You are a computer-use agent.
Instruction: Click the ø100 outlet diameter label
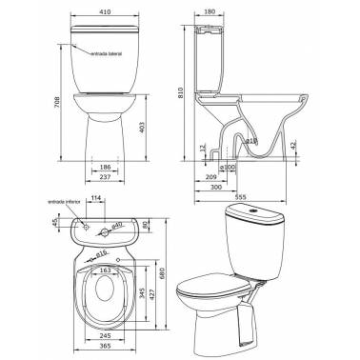click(228, 168)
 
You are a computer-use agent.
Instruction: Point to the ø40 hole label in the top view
click(118, 225)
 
